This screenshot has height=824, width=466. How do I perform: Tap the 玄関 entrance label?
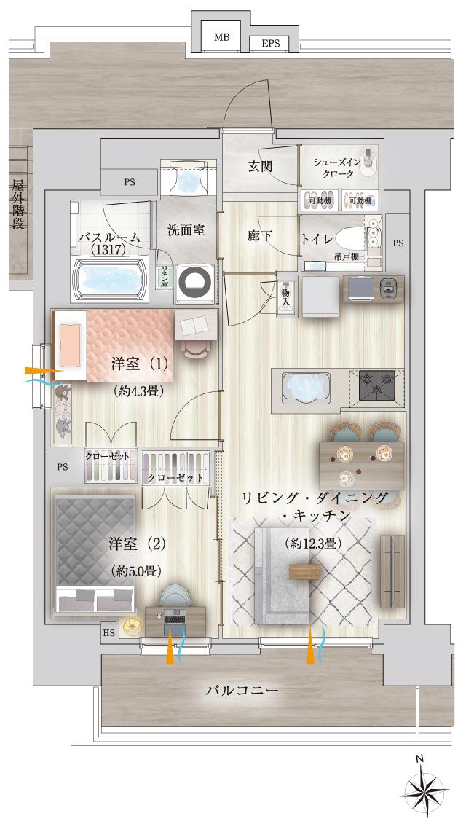[260, 167]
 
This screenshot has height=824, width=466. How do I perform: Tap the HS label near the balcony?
[108, 632]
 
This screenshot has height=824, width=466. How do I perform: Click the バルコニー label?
[241, 689]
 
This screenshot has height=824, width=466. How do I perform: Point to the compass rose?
[425, 790]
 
